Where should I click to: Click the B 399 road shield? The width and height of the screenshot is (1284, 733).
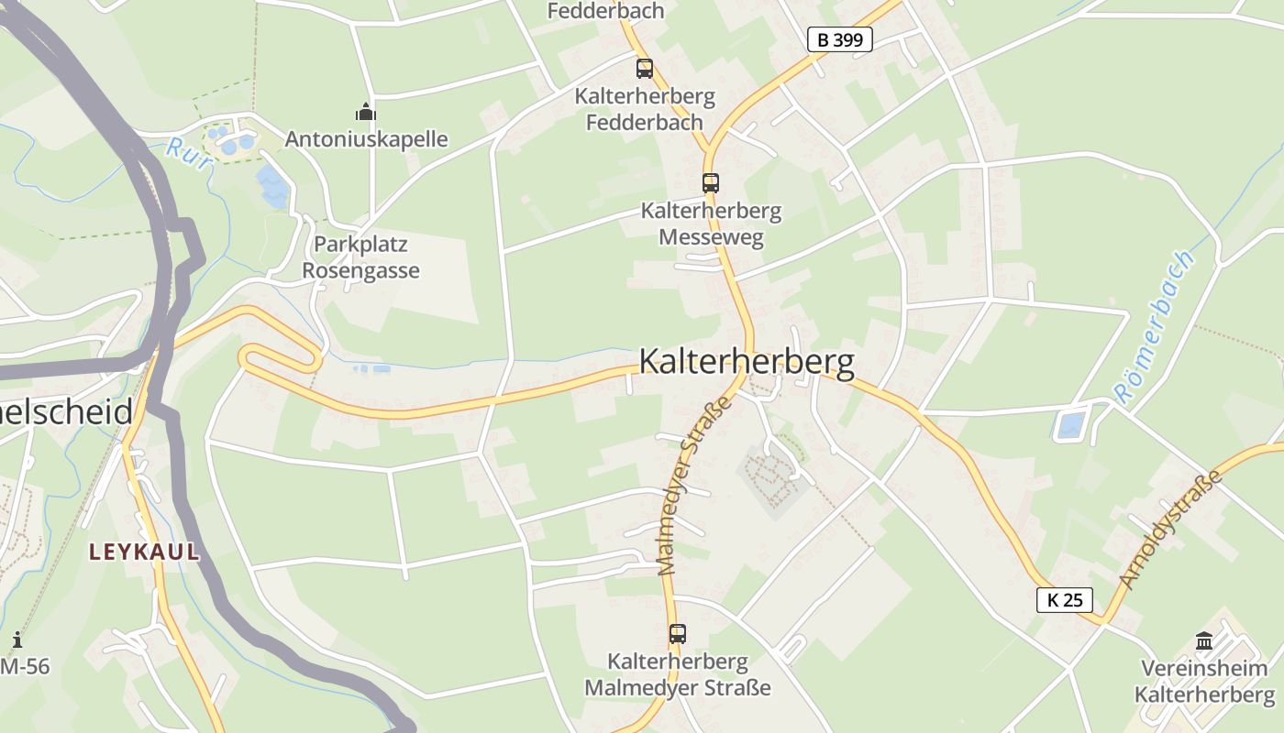[x=839, y=39]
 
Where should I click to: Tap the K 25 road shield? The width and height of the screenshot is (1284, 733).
[x=1064, y=600]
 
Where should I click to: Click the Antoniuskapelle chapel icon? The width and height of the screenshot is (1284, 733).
[x=366, y=113]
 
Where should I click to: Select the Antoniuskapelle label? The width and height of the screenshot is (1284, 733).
[x=366, y=139]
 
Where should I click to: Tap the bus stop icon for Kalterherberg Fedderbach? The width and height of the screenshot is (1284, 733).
[x=645, y=68]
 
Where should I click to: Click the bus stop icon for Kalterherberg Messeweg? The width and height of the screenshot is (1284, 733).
[x=711, y=182]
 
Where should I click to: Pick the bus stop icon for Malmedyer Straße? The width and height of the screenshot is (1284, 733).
[x=677, y=633]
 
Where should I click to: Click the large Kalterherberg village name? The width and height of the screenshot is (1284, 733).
[x=746, y=362]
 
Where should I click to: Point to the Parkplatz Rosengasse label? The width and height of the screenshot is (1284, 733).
[x=360, y=257]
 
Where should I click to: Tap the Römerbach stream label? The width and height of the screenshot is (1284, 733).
[x=1156, y=327]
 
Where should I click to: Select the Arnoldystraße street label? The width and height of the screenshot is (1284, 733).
[x=1171, y=529]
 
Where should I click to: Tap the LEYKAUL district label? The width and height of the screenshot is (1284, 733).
[x=144, y=552]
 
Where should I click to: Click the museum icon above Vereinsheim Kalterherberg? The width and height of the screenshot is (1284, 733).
[x=1204, y=640]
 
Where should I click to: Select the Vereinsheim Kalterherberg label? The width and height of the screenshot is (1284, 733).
[x=1204, y=681]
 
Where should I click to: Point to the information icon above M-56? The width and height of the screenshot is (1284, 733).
[x=17, y=639]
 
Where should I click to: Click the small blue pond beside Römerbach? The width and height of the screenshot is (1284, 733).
[x=1070, y=425]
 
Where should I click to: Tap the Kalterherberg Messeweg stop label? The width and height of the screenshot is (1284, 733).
[x=711, y=224]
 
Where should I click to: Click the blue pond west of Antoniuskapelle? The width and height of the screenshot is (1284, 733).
[x=273, y=186]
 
